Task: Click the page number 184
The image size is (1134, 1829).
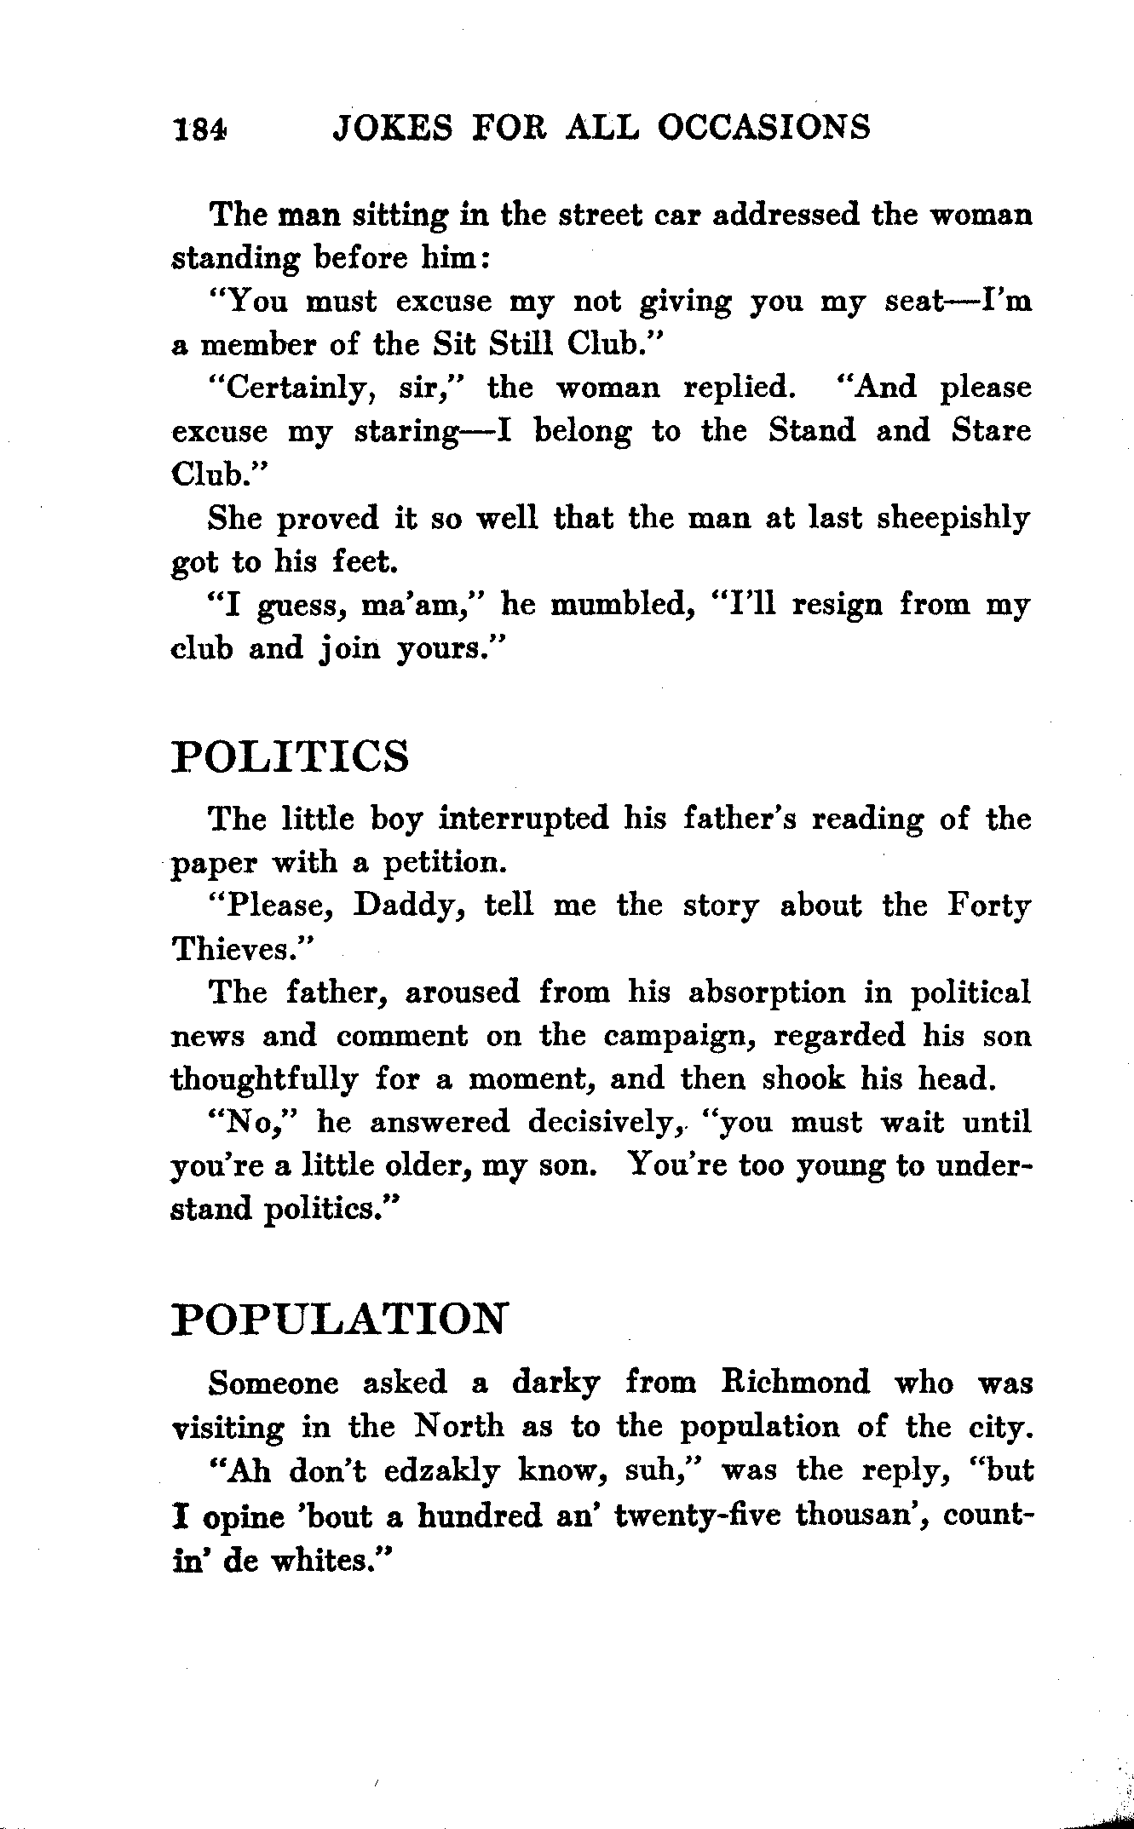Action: coord(200,129)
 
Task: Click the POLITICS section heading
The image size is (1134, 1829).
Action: coord(291,756)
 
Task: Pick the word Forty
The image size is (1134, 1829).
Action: coord(989,906)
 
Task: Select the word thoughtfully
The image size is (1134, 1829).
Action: coord(265,1080)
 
